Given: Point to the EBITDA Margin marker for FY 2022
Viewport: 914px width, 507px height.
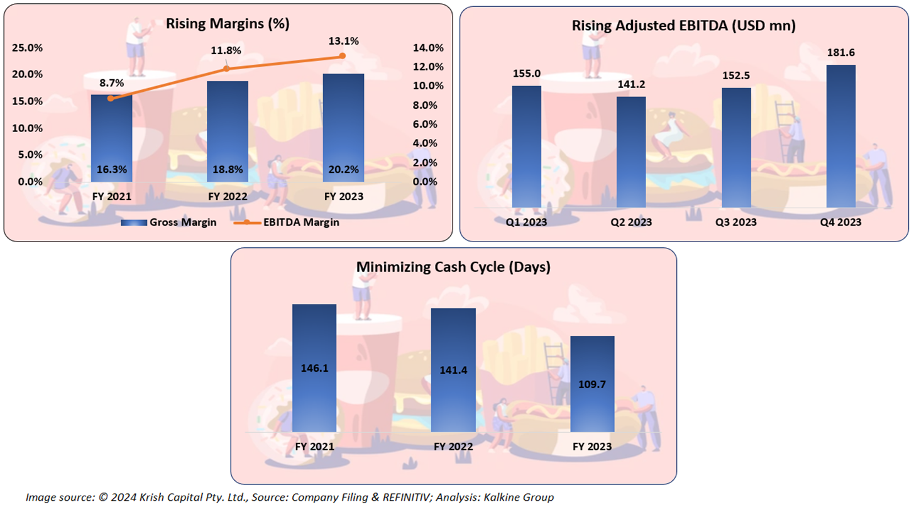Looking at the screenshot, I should [x=227, y=68].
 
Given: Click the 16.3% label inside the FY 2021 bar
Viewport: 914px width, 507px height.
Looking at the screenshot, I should [x=111, y=169].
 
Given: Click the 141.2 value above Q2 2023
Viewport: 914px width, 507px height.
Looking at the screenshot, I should [x=631, y=84].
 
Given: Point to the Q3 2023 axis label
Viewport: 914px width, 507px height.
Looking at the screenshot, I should [x=736, y=222].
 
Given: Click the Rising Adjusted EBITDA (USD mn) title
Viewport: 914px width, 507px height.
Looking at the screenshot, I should [x=685, y=26].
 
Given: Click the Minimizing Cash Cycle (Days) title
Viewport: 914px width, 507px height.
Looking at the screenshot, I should [x=453, y=267].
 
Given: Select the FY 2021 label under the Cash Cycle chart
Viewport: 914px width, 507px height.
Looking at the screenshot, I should [x=314, y=447].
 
